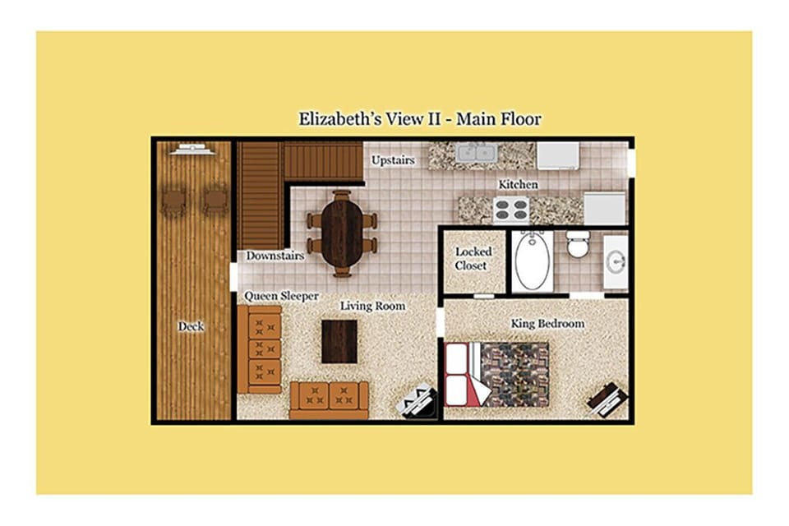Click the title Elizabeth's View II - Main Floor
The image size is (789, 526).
click(x=420, y=119)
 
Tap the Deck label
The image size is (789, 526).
click(x=191, y=326)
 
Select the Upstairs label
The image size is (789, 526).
click(x=393, y=160)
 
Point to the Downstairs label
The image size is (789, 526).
click(x=275, y=256)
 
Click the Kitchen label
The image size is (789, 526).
click(x=518, y=185)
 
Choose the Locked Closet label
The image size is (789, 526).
click(x=473, y=258)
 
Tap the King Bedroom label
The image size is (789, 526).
click(x=547, y=323)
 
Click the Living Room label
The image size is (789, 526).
click(x=372, y=306)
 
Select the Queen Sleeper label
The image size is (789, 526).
click(x=281, y=296)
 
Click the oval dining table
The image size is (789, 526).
click(x=342, y=233)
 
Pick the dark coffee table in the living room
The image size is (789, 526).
click(x=339, y=341)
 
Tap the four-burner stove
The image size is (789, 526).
click(x=510, y=210)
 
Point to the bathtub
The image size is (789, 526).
click(x=533, y=260)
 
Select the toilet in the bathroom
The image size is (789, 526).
click(x=577, y=244)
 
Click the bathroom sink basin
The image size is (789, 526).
click(x=616, y=262)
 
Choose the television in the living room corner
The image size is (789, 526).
click(x=416, y=401)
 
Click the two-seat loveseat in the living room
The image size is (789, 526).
click(x=329, y=400)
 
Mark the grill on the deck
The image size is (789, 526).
click(x=192, y=149)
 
